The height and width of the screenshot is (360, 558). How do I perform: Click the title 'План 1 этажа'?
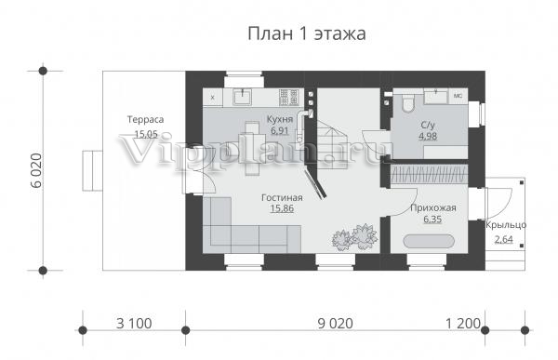click(x=306, y=34)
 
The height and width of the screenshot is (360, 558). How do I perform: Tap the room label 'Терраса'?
click(x=146, y=120)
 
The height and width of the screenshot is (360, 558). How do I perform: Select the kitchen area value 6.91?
click(x=279, y=130)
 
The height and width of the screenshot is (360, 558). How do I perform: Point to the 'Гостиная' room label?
click(x=282, y=197)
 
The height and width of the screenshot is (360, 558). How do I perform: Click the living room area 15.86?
click(x=282, y=208)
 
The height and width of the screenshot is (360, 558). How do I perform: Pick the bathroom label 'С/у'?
click(x=428, y=125)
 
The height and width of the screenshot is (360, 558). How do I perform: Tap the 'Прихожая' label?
click(x=433, y=208)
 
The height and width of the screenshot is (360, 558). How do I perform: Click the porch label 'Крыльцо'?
click(x=506, y=225)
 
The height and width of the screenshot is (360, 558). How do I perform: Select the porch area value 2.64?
click(x=504, y=239)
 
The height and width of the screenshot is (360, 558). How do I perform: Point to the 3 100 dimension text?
click(x=134, y=324)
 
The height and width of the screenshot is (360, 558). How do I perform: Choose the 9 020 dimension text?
click(x=335, y=324)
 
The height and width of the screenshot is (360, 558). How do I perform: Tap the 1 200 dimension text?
click(x=463, y=324)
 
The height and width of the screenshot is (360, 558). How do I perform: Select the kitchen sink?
click(x=242, y=97)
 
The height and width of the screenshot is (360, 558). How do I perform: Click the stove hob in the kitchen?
click(x=288, y=98)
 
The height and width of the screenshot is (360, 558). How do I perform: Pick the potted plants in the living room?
click(x=354, y=237)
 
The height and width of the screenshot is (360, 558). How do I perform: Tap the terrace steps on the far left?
click(x=92, y=170)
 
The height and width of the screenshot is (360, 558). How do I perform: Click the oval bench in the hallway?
click(x=429, y=241)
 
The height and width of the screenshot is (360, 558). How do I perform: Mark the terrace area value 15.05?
click(x=146, y=134)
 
